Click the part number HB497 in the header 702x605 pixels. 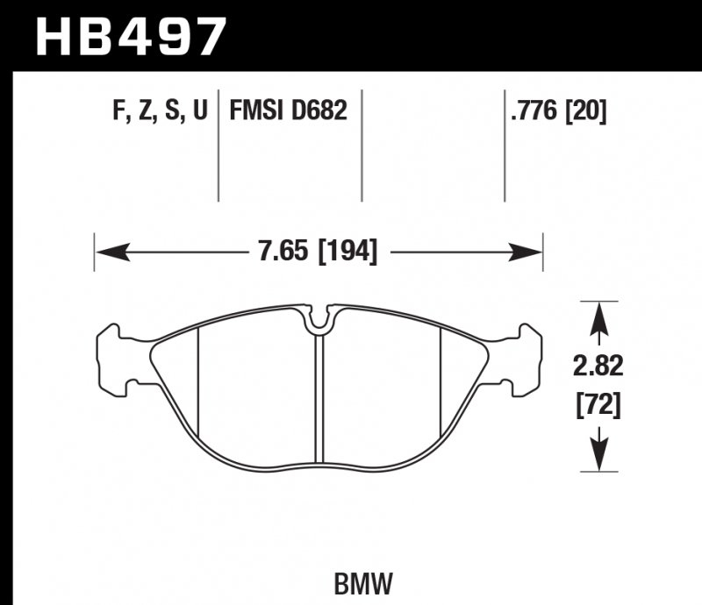[130, 36]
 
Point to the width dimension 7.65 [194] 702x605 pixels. [318, 253]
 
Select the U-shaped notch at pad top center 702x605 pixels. [319, 319]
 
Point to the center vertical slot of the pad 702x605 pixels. [319, 395]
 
